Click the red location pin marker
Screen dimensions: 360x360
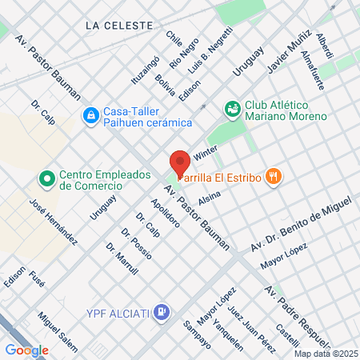point(180,161)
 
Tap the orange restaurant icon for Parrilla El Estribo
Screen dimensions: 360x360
point(274,177)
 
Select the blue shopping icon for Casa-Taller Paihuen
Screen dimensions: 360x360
point(91,117)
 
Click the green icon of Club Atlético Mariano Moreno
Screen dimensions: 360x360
point(233,108)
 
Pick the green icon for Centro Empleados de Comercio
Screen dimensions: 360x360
point(47,178)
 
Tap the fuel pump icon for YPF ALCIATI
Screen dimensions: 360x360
point(162,310)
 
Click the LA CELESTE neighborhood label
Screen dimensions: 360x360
point(119,26)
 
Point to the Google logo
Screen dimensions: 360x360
point(26,349)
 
